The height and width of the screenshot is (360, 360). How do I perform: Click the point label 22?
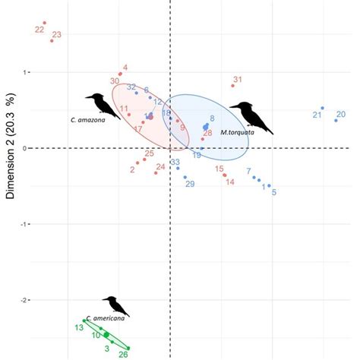pos(39,30)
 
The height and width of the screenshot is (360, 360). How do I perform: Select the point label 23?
pos(57,35)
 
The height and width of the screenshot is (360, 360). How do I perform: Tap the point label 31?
pos(237,80)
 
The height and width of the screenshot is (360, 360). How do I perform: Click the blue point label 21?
pos(317,115)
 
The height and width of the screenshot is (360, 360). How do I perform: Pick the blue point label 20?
pos(341,115)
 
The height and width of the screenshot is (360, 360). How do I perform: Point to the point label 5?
pos(273,193)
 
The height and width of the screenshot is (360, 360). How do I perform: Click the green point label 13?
pos(78,327)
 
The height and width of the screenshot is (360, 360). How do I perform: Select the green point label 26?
pos(124,353)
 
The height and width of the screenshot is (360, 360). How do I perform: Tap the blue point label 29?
pos(190,185)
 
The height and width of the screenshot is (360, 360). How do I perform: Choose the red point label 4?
pos(125,68)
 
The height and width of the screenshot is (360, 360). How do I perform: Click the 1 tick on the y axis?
pos(26,72)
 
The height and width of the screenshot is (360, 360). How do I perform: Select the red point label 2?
pos(132,169)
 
